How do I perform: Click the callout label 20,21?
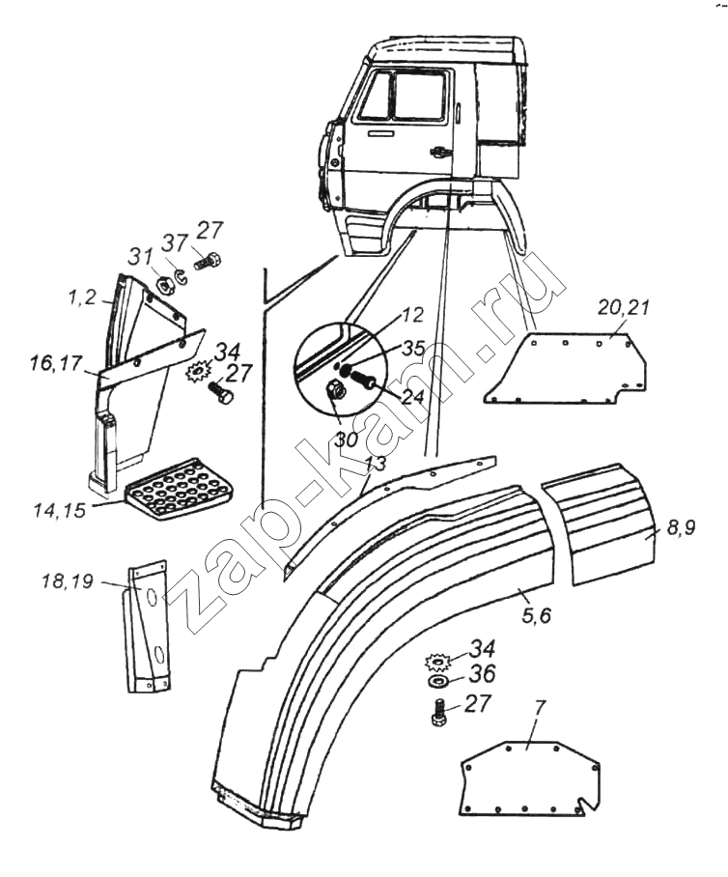624,307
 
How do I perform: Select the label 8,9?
680,526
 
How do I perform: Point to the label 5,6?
537,614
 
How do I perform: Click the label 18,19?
67,581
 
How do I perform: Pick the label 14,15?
60,510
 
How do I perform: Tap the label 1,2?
83,298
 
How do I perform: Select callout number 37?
175,243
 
